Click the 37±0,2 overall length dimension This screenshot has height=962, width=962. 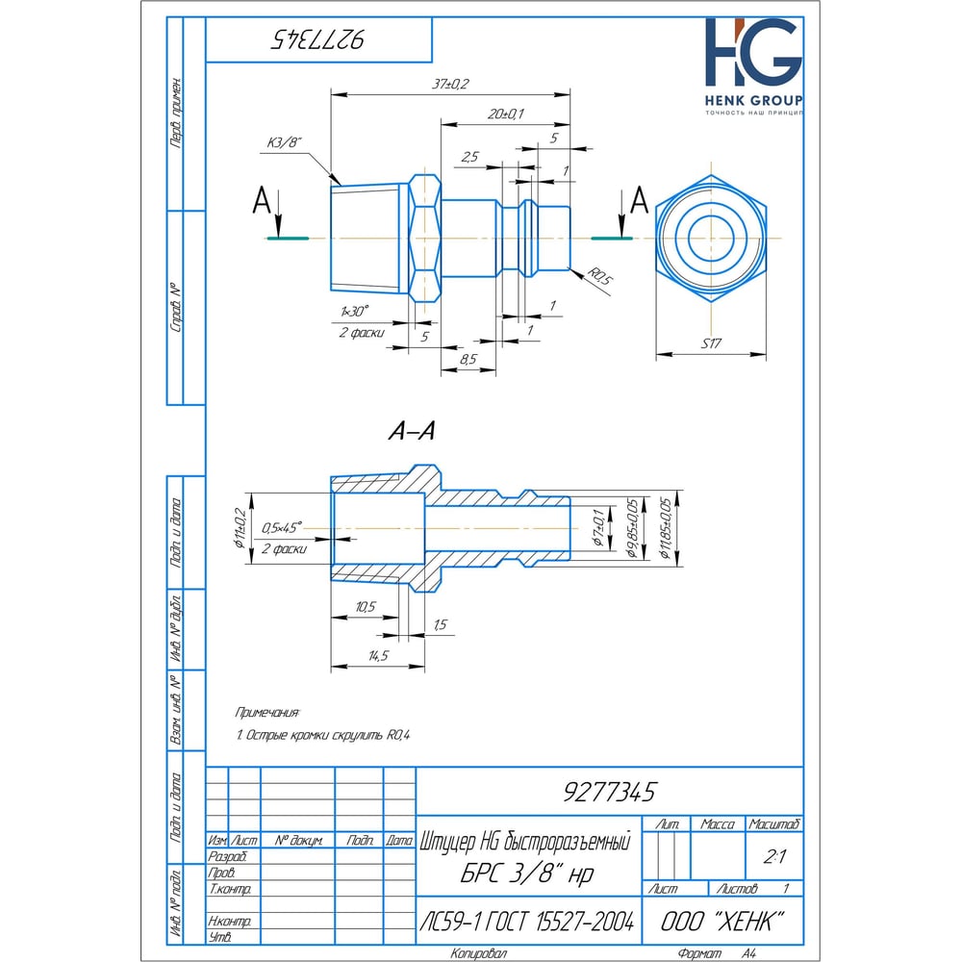point(450,85)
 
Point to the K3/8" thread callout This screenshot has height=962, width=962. point(283,142)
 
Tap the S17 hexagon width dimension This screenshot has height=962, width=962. point(713,343)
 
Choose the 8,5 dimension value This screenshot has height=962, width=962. point(468,359)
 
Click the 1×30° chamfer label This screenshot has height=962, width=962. point(354,313)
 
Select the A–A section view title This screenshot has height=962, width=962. point(412,434)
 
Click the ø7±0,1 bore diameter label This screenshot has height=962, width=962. point(597,529)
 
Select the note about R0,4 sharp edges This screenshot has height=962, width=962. point(323,736)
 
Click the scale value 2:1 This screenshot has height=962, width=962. point(773,854)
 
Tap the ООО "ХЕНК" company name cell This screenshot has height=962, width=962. point(721,922)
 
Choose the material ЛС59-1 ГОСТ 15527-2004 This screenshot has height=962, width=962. point(527,922)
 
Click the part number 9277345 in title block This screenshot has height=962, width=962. point(608,792)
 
